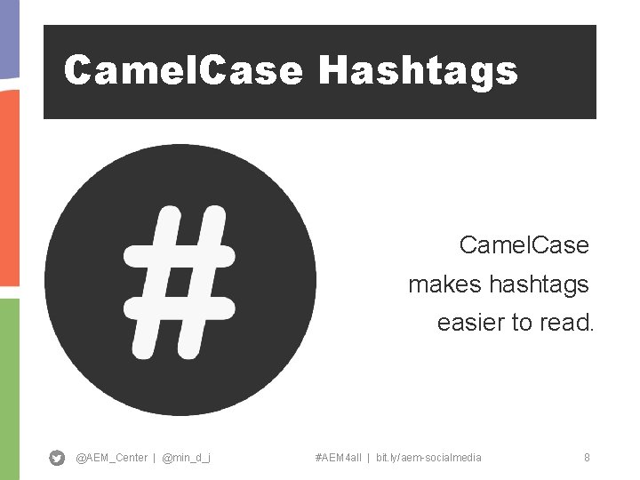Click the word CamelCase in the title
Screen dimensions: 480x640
pyautogui.click(x=183, y=70)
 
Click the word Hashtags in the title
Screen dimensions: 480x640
pyautogui.click(x=418, y=70)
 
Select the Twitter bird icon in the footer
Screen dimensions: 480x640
pyautogui.click(x=57, y=458)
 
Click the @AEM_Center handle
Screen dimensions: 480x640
pyautogui.click(x=111, y=458)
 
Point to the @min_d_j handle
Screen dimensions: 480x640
pyautogui.click(x=187, y=458)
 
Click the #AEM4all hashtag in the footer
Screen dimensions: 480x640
pyautogui.click(x=338, y=458)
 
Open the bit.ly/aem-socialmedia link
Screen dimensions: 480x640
pyautogui.click(x=428, y=458)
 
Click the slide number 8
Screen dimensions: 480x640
pyautogui.click(x=587, y=458)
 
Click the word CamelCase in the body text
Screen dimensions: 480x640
pyautogui.click(x=524, y=244)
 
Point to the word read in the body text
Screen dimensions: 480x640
pyautogui.click(x=565, y=323)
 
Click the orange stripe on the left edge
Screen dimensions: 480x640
pyautogui.click(x=9, y=187)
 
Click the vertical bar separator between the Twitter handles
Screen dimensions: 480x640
pyautogui.click(x=154, y=458)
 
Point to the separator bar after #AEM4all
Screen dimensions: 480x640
pyautogui.click(x=368, y=458)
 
